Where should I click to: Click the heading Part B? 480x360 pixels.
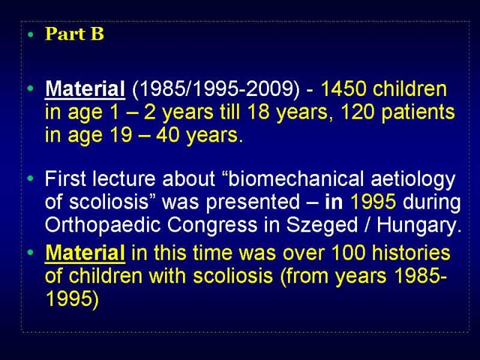point(74,34)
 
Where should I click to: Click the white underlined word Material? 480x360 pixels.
point(85,89)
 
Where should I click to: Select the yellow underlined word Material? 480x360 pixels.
point(85,253)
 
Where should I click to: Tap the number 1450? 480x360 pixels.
point(343,89)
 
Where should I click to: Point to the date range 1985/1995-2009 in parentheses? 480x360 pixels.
point(216,89)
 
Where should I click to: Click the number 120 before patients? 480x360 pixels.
point(358,112)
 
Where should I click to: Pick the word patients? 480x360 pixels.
point(418,113)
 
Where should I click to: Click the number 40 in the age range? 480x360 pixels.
point(167,134)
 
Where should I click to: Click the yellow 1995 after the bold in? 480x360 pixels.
point(373,202)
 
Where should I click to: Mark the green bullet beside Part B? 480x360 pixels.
point(30,35)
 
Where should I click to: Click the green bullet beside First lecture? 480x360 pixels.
point(30,178)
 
